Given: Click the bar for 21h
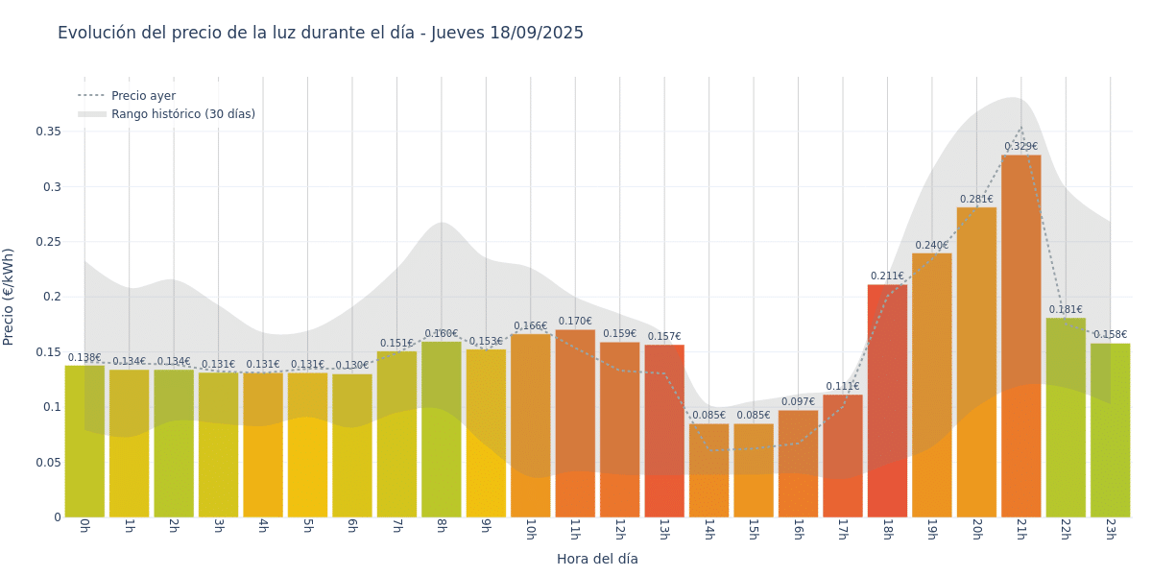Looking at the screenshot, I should (x=1020, y=336).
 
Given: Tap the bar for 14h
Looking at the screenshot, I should (x=708, y=470).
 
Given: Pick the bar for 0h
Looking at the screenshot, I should (x=84, y=441).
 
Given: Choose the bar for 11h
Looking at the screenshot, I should (x=575, y=423).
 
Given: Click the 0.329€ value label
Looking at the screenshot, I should (x=1020, y=147).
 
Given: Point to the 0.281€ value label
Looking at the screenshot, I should (x=976, y=200).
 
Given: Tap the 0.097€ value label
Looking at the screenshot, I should (x=798, y=402).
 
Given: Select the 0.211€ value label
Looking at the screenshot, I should (x=887, y=276).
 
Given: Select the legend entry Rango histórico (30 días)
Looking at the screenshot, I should (x=182, y=114).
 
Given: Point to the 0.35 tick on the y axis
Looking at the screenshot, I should (x=48, y=132).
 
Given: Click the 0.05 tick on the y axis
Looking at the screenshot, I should (x=48, y=463).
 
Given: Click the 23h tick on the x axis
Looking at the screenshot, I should (x=1110, y=529).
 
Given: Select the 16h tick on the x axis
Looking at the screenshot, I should (x=798, y=529).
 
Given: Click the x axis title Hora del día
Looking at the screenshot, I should (x=597, y=559).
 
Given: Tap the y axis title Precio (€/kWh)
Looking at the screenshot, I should (x=9, y=297).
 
